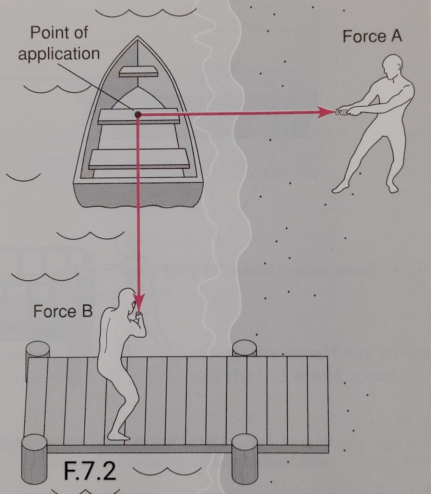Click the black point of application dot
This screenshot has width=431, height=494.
point(138,115)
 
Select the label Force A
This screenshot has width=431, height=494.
point(372,36)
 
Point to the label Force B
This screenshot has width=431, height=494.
point(63,311)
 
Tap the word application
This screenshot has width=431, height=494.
point(59,54)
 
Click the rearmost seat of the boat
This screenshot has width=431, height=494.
point(139,159)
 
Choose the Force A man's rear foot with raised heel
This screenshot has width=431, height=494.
point(339,188)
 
